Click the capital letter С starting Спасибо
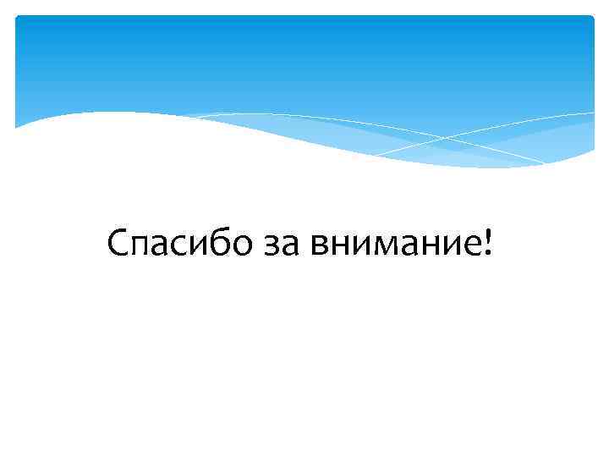(120, 245)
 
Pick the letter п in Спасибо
(144, 247)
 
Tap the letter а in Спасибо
(165, 247)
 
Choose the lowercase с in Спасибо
(182, 247)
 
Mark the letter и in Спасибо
(200, 247)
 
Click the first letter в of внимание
(320, 247)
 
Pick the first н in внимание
(340, 247)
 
